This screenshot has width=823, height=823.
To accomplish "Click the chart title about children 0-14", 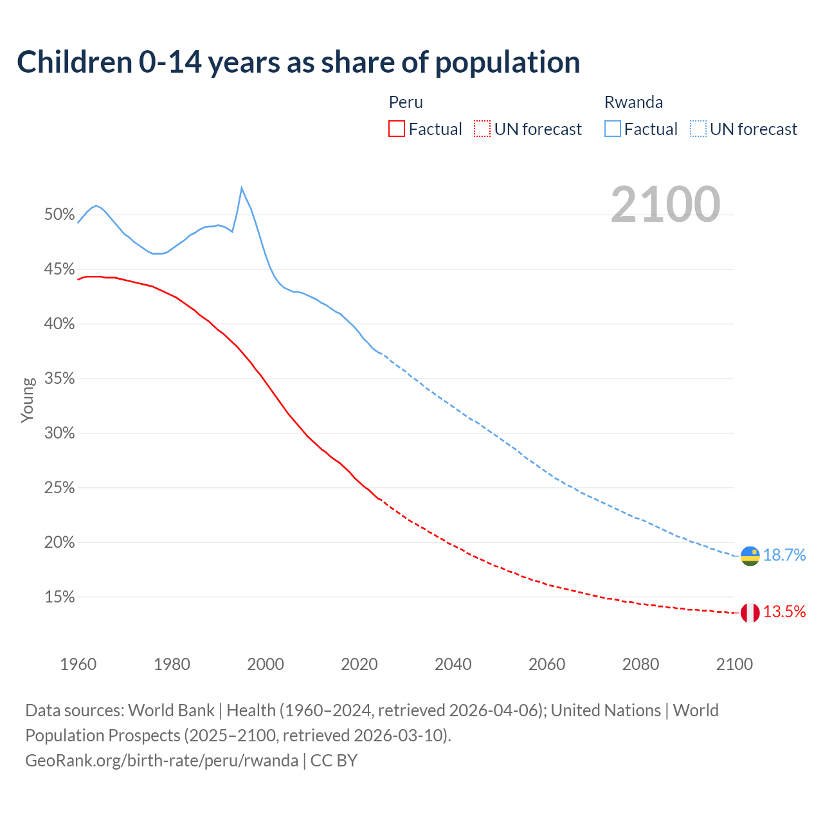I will click(298, 62).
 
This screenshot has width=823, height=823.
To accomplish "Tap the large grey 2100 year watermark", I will click(665, 204).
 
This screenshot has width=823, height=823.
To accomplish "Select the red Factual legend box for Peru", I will click(397, 129).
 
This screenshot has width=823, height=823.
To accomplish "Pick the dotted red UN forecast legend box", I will click(482, 129).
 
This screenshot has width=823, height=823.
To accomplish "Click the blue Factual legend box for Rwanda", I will click(613, 129).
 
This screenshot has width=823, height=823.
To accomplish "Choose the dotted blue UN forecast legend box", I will click(698, 129).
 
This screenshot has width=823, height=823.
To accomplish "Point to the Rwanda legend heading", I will click(633, 102).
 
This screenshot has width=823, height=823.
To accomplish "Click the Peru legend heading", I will click(406, 102).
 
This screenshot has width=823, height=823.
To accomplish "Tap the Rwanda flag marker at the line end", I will click(750, 556).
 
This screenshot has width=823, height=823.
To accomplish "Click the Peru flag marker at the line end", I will click(750, 613).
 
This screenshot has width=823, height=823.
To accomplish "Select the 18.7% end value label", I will click(784, 556).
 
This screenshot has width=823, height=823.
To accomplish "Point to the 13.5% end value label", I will click(784, 612).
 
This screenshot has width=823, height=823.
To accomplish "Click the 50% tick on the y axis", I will click(60, 215).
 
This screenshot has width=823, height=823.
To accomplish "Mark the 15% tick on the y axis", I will click(60, 597).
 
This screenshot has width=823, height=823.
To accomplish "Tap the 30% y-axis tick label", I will click(60, 433).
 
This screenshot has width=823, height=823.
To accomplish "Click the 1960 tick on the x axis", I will click(78, 664).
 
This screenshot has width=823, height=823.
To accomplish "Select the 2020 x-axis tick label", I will click(359, 664).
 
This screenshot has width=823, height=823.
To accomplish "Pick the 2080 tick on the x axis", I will click(640, 664).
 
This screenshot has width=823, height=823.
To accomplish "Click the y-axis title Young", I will click(28, 400).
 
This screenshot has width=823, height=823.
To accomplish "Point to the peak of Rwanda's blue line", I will click(242, 188).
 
